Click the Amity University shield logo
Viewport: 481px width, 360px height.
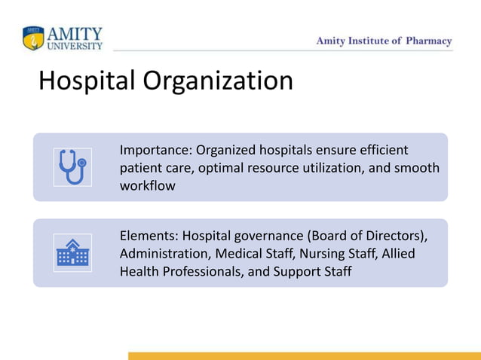coord(34,38)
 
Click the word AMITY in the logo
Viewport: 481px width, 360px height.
coord(75,34)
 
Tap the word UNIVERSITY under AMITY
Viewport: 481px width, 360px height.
coord(75,46)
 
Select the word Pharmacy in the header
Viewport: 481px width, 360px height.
coord(427,41)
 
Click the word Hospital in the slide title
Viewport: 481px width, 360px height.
coord(84,81)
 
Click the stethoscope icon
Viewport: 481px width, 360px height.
coord(72,166)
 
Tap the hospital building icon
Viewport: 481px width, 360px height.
coord(72,253)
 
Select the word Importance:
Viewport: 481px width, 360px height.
coord(156,150)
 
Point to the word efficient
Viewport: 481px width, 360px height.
coord(380,150)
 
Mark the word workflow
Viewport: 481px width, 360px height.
coord(148,185)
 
